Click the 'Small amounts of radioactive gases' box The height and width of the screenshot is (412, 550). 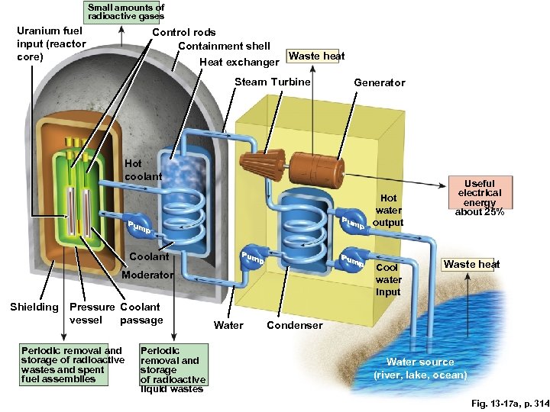tap(125, 11)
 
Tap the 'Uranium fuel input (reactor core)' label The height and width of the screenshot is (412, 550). tap(50, 44)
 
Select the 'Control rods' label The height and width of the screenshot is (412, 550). tap(184, 32)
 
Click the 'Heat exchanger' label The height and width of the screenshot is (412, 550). tap(239, 62)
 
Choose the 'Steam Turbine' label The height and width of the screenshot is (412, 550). tap(273, 82)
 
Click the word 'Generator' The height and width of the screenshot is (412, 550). tap(379, 82)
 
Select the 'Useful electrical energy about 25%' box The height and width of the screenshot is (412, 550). tap(479, 198)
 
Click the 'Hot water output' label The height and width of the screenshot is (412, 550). tap(388, 210)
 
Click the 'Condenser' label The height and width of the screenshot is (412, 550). tap(294, 325)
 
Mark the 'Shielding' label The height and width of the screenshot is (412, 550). tap(34, 307)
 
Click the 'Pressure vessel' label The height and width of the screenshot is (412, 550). tap(92, 313)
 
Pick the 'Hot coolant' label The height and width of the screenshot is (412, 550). tap(143, 170)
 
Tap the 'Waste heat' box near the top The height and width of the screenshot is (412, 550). tap(316, 56)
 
